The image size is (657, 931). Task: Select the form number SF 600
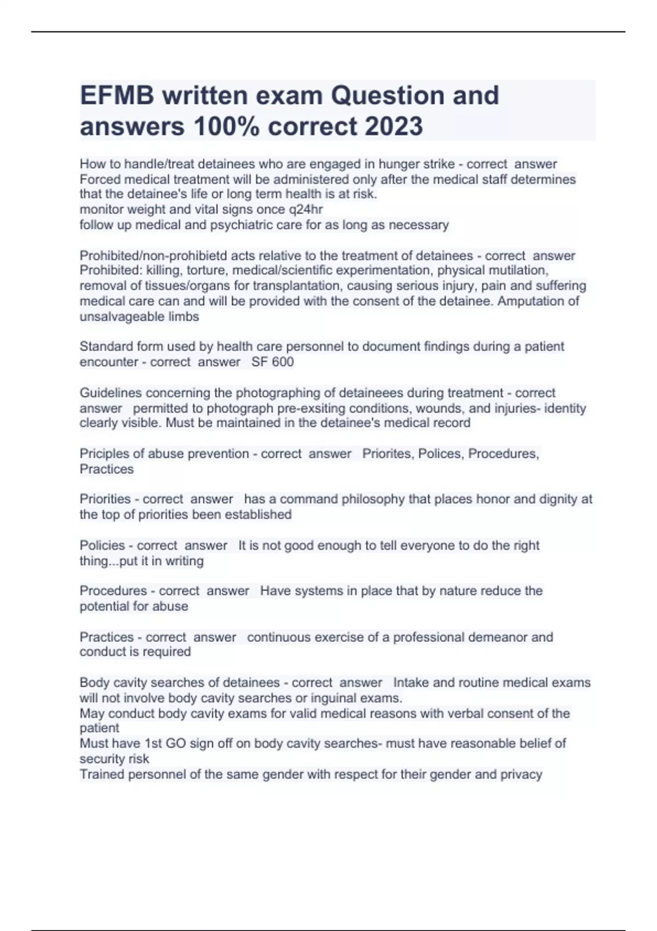coord(273,362)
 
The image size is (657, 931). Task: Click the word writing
coord(184,561)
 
